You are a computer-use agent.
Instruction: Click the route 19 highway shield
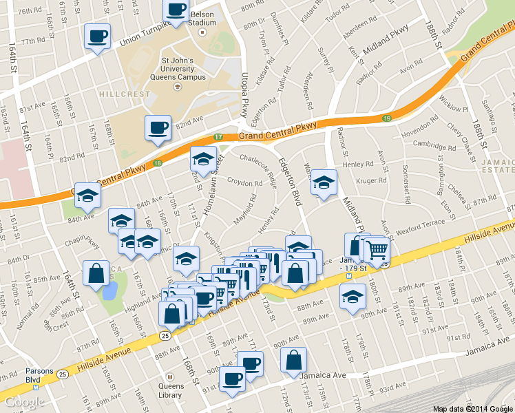pyautogui.click(x=387, y=118)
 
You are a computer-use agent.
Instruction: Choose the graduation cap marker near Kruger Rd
pyautogui.click(x=324, y=183)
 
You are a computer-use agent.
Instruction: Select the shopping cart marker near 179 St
pyautogui.click(x=377, y=250)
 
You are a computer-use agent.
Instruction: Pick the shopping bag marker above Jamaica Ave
pyautogui.click(x=294, y=359)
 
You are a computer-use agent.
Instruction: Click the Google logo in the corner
pyautogui.click(x=24, y=401)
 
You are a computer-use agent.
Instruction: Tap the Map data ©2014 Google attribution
pyautogui.click(x=473, y=408)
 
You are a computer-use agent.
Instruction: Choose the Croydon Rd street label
pyautogui.click(x=244, y=184)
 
